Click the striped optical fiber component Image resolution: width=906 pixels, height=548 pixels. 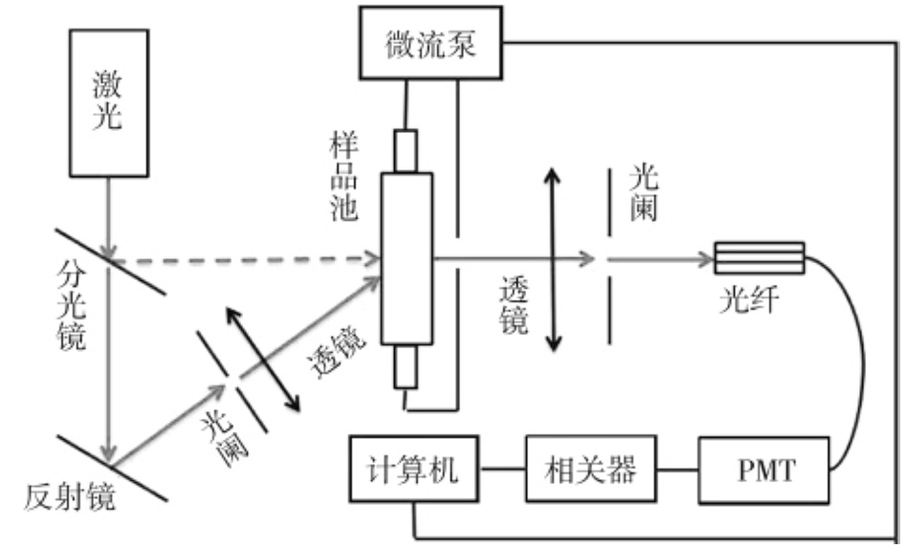pos(760,257)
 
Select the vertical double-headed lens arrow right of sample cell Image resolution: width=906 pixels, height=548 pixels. pos(552,259)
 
